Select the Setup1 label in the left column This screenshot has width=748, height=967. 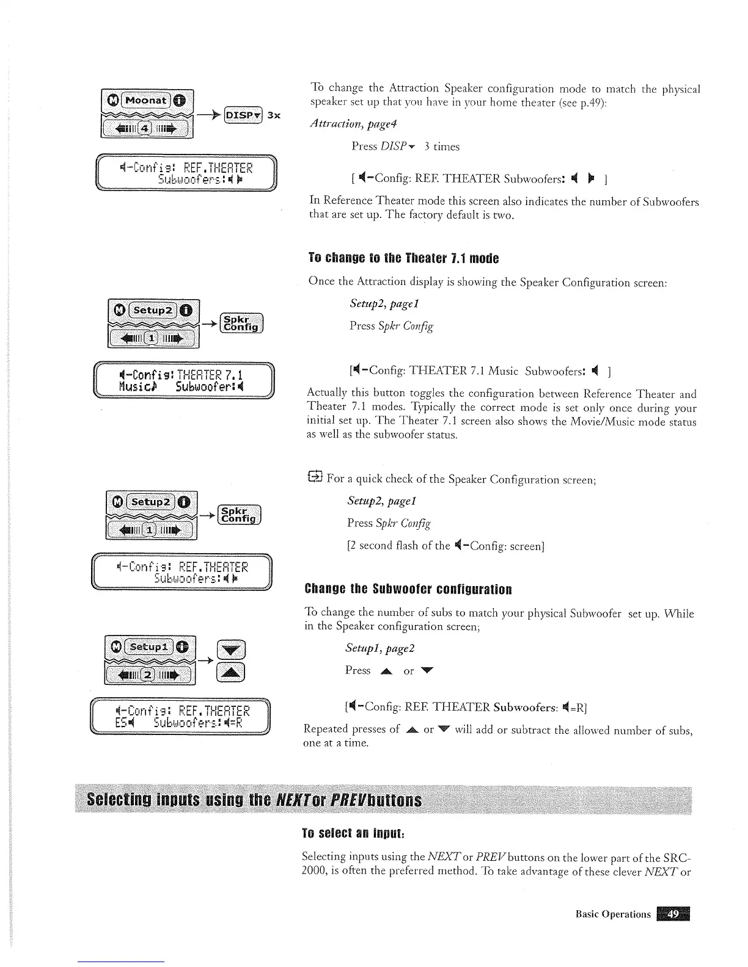[146, 646]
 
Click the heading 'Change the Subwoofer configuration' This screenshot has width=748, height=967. [408, 590]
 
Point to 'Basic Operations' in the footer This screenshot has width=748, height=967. [613, 914]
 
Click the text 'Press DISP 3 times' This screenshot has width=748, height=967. [405, 147]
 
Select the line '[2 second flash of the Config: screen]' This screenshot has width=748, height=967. [446, 545]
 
